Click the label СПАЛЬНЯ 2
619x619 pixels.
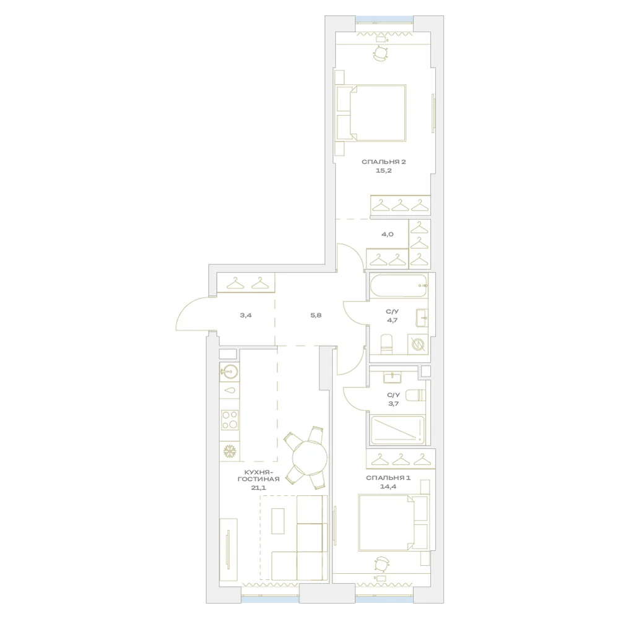pyautogui.click(x=384, y=162)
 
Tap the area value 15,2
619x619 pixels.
pyautogui.click(x=384, y=171)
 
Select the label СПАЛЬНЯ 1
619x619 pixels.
pyautogui.click(x=388, y=478)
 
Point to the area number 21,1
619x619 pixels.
pyautogui.click(x=259, y=488)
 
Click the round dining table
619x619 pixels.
pyautogui.click(x=309, y=458)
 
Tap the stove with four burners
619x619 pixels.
pyautogui.click(x=230, y=420)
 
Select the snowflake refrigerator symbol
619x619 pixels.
pyautogui.click(x=230, y=451)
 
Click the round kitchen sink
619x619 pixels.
pyautogui.click(x=230, y=371)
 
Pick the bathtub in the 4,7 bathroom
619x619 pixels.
pyautogui.click(x=399, y=285)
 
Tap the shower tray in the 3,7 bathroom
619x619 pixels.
pyautogui.click(x=398, y=430)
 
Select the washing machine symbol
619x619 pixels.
pyautogui.click(x=418, y=344)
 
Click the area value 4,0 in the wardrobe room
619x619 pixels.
pyautogui.click(x=387, y=234)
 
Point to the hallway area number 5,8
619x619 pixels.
pyautogui.click(x=316, y=316)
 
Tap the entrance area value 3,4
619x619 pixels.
pyautogui.click(x=246, y=316)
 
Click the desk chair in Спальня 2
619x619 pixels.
pyautogui.click(x=381, y=53)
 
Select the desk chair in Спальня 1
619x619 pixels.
pyautogui.click(x=381, y=564)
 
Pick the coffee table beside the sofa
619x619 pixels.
pyautogui.click(x=278, y=521)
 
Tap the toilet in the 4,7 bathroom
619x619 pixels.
pyautogui.click(x=386, y=344)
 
